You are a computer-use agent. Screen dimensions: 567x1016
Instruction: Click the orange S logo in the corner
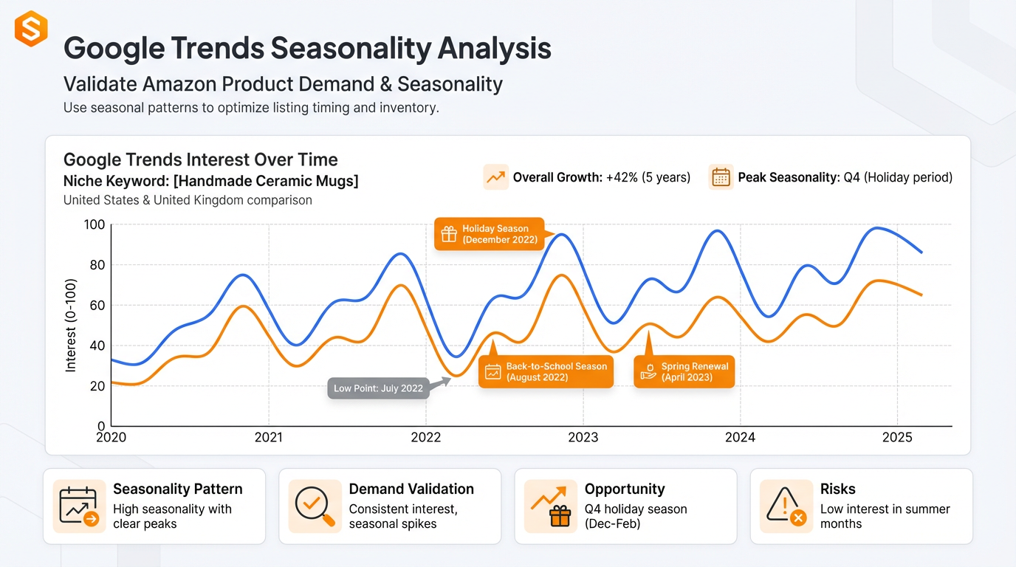[x=31, y=29]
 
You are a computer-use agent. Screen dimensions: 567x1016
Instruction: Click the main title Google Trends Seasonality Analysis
[x=307, y=48]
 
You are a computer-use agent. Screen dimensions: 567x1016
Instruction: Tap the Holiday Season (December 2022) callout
[x=489, y=234]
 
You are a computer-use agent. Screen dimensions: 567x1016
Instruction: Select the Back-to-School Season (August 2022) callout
[x=546, y=371]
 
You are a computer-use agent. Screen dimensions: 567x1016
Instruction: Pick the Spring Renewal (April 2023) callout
[x=684, y=371]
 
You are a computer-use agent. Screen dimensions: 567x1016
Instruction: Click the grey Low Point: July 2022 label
[x=378, y=388]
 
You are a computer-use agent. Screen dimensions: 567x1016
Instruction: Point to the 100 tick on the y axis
[x=95, y=224]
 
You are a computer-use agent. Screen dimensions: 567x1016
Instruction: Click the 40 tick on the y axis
[x=97, y=346]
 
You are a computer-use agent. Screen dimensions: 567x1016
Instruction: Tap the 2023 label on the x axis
[x=583, y=437]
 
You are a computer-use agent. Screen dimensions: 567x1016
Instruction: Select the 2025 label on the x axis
[x=897, y=437]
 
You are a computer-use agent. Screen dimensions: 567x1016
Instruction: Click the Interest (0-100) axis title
[x=71, y=325]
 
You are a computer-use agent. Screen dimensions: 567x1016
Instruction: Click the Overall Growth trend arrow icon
[x=496, y=177]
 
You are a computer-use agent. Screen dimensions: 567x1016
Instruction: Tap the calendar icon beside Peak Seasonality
[x=721, y=177]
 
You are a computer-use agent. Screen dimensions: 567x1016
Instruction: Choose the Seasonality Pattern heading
[x=177, y=489]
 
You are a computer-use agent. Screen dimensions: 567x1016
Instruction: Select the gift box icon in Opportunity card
[x=560, y=517]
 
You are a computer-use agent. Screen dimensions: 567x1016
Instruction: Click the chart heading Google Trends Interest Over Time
[x=200, y=159]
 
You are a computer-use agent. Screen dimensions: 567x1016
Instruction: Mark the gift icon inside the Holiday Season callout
[x=449, y=234]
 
